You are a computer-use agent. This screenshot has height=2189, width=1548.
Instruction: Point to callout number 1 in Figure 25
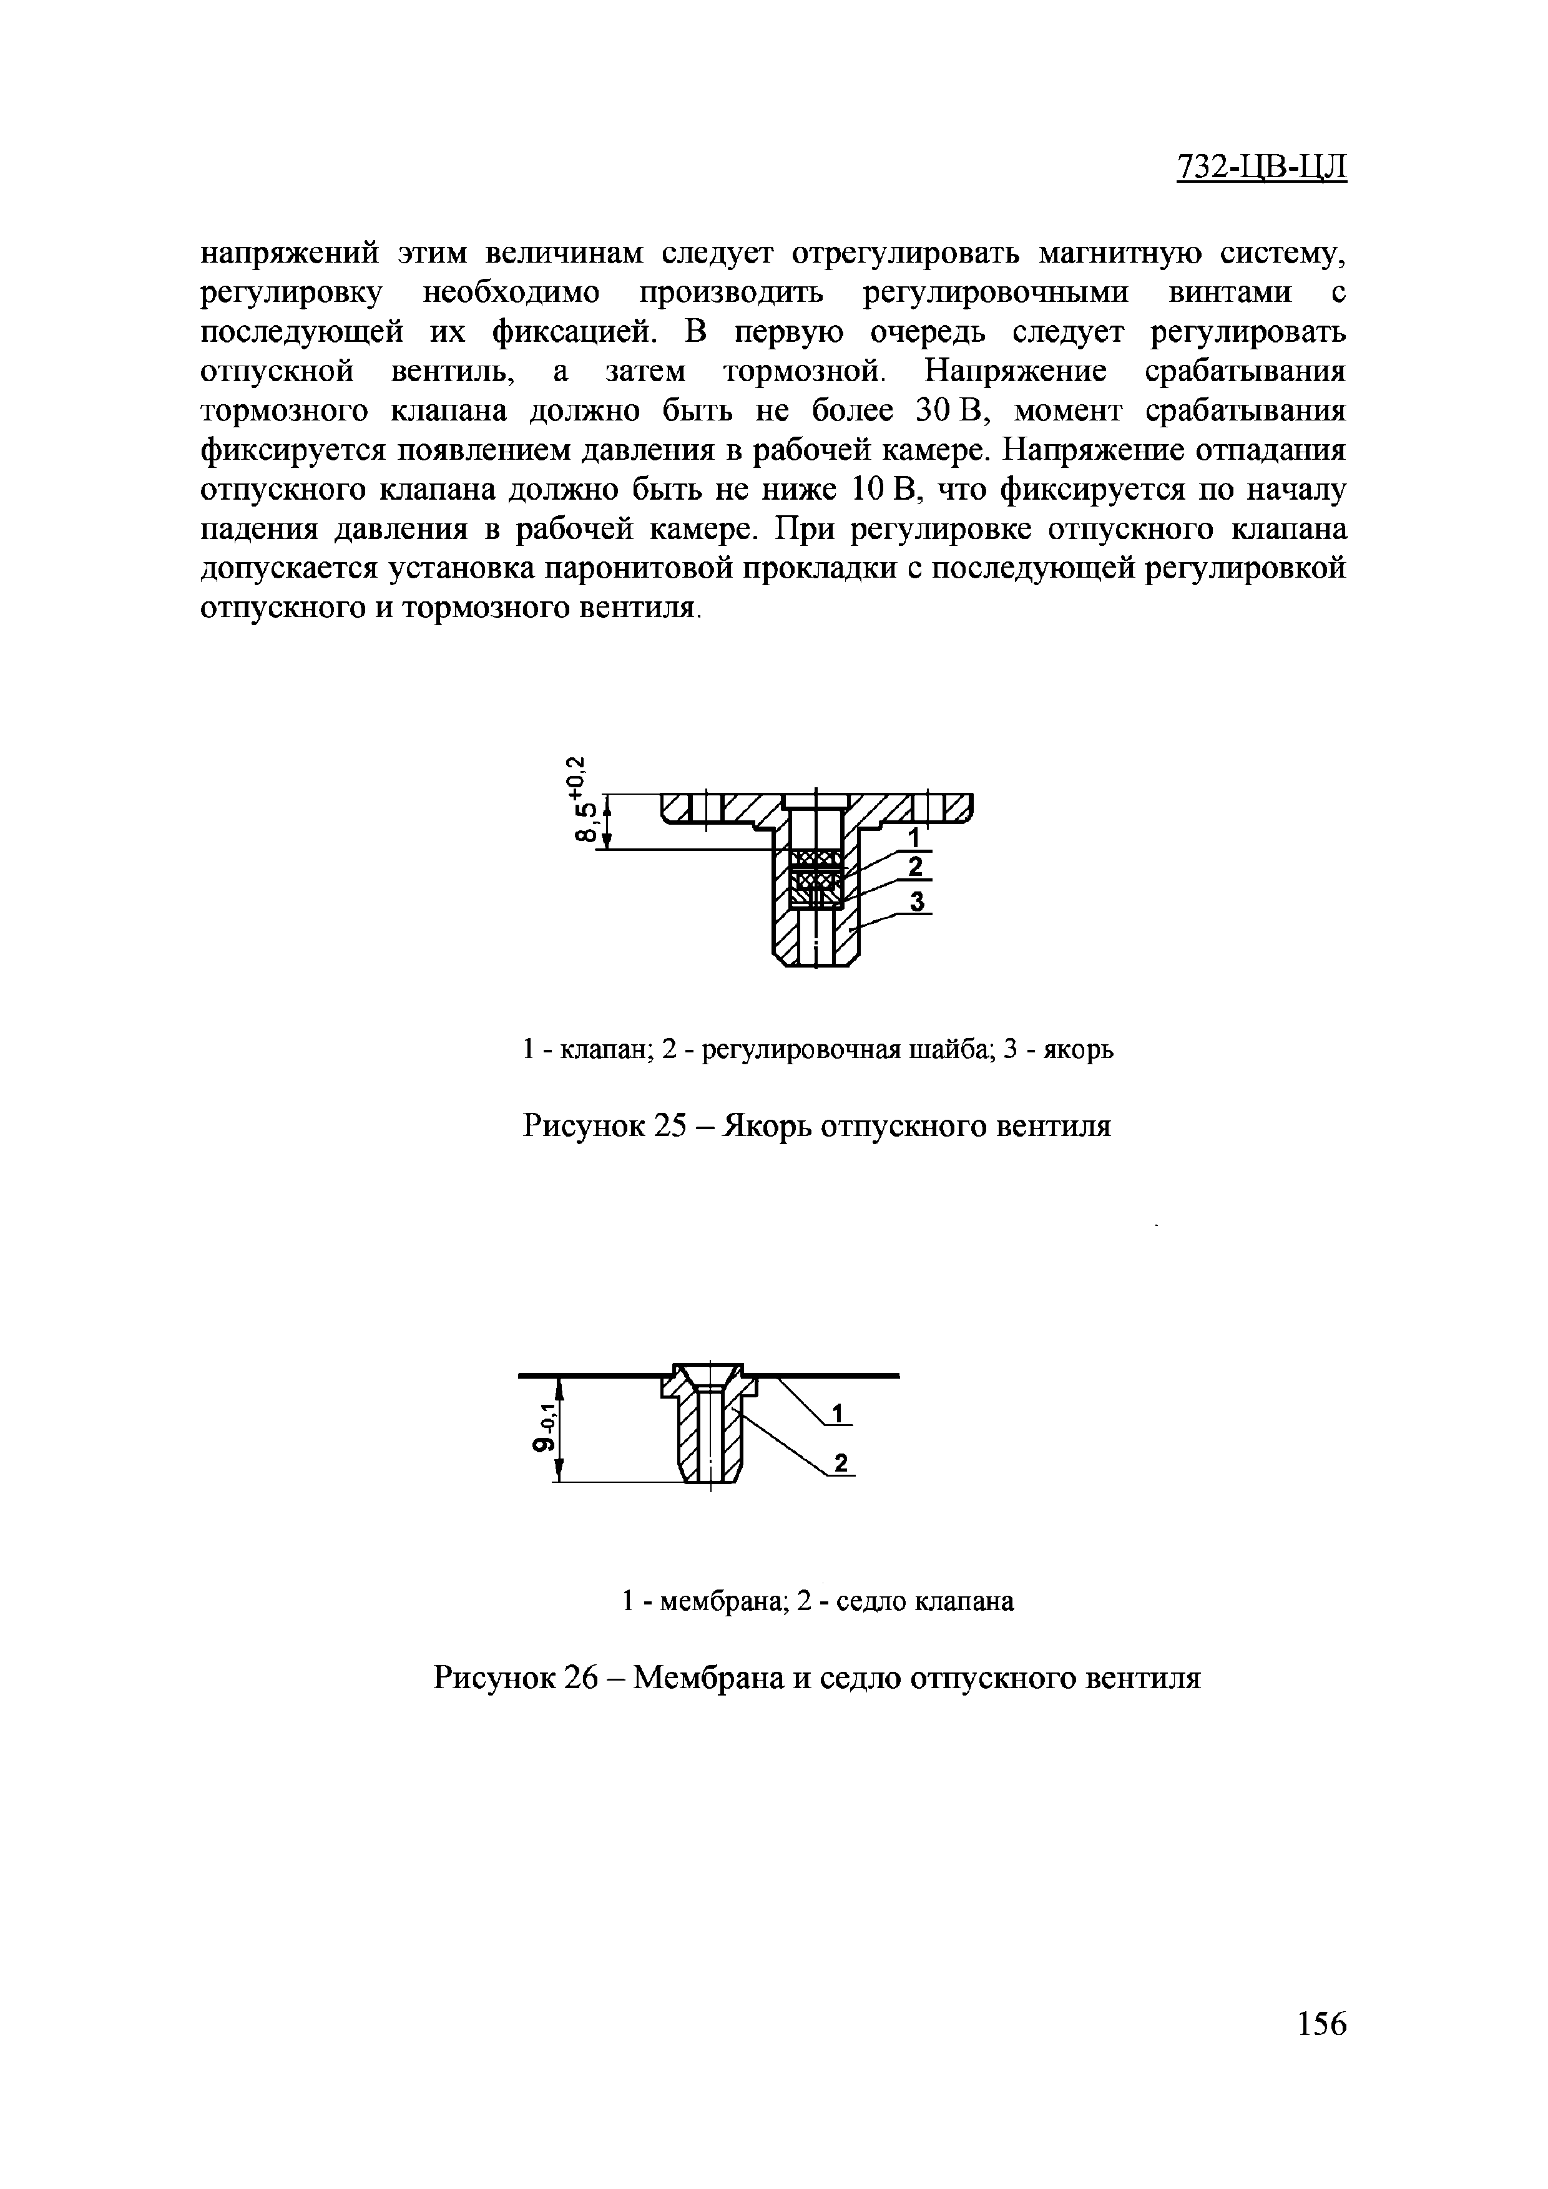(x=912, y=837)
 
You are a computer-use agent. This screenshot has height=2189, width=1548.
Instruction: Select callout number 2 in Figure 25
(x=916, y=866)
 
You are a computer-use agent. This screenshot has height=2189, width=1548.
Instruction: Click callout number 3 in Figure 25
(x=918, y=901)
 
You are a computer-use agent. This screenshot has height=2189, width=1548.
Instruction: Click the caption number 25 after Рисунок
(x=681, y=1126)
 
